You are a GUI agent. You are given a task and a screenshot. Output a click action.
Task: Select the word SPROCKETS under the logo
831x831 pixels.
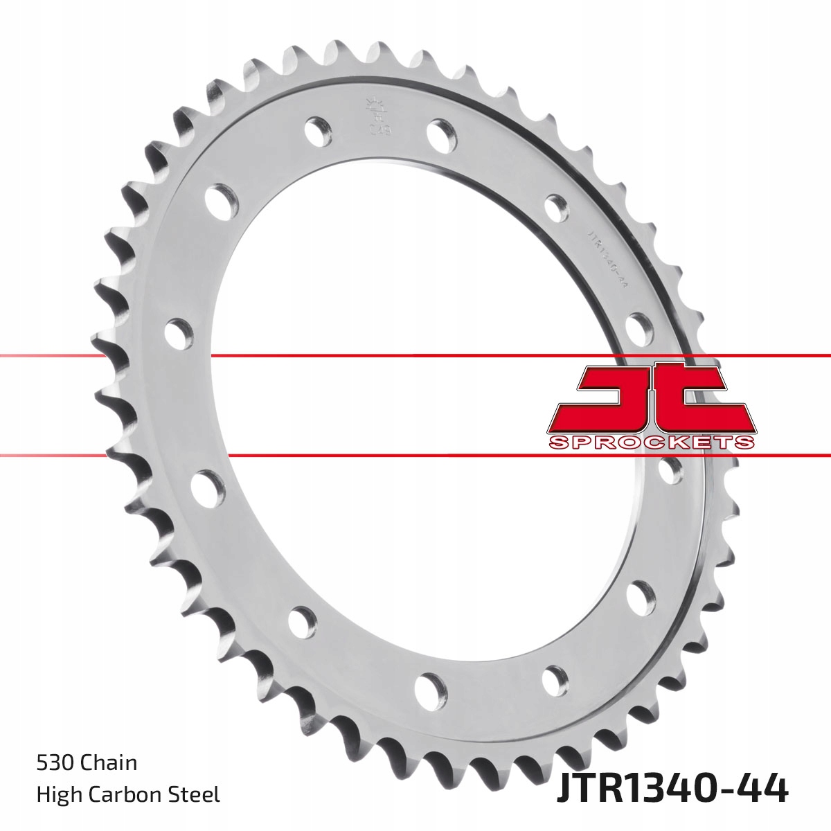[x=651, y=443]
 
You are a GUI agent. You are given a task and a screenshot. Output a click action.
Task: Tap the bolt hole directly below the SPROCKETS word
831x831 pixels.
[x=668, y=471]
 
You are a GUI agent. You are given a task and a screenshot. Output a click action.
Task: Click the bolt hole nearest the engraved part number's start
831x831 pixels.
[x=556, y=206]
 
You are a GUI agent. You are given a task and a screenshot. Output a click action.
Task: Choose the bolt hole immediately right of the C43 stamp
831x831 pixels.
[x=441, y=133]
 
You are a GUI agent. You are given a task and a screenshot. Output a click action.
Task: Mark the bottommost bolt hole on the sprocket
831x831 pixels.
[x=430, y=689]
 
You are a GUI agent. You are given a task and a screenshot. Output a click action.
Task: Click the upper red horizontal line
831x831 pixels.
[x=415, y=355]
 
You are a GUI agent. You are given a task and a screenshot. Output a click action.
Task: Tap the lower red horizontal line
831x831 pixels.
[x=346, y=456]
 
